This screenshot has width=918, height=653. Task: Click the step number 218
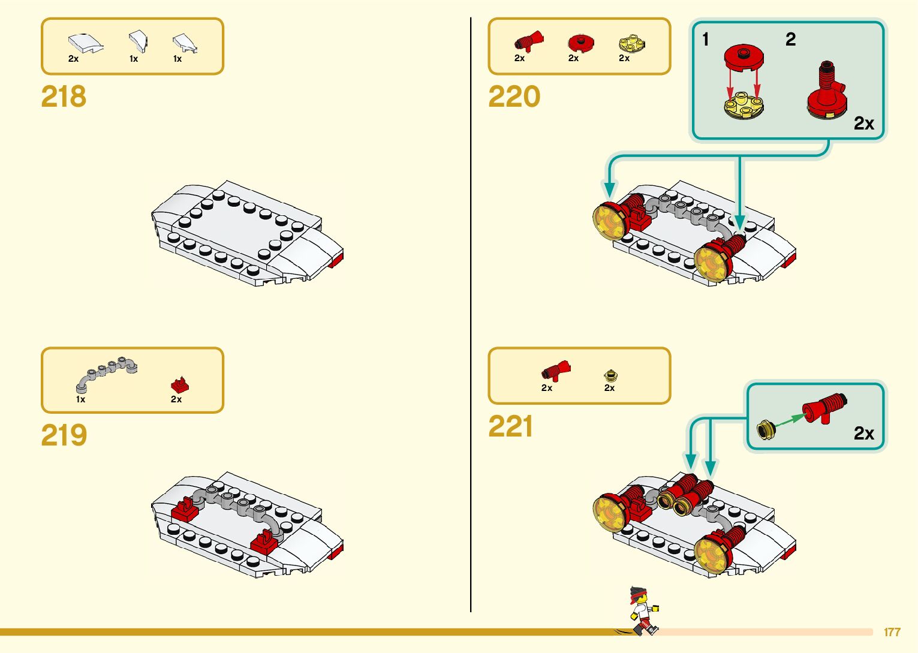pos(64,97)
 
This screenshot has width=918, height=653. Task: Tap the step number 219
pos(64,435)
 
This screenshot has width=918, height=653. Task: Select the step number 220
pos(514,97)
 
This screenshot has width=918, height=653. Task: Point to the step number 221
pos(510,426)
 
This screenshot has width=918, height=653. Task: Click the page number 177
pos(892,632)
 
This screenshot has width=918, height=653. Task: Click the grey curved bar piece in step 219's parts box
pos(106,372)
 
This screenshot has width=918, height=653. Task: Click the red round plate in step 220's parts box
pos(580,43)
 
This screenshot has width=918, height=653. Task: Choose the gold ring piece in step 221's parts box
pos(610,375)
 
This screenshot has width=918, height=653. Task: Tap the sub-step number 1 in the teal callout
pos(706,40)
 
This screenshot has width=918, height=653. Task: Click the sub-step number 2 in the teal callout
pos(790,40)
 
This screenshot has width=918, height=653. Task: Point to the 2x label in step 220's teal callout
pos(863,123)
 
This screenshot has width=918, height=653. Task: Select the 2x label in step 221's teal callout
pos(863,433)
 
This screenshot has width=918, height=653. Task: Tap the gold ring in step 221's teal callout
pos(765,429)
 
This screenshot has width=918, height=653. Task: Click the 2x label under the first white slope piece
pos(73,59)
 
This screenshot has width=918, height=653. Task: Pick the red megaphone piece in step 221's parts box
pos(556,371)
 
